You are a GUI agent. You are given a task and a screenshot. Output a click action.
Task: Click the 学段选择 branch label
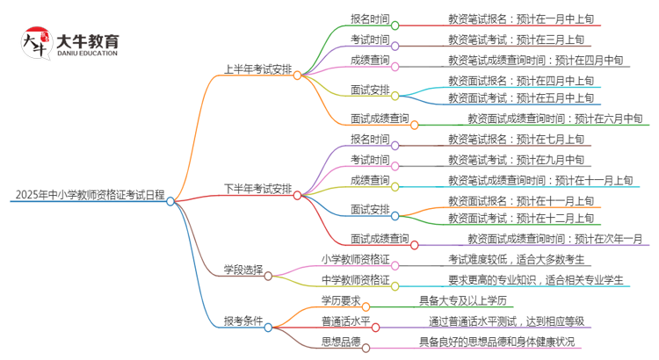[x=243, y=274]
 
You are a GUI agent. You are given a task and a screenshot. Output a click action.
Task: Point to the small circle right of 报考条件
[x=268, y=327]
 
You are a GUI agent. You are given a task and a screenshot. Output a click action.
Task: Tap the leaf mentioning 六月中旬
[x=554, y=118]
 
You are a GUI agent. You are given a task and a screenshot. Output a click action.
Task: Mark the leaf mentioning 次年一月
[x=554, y=238]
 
